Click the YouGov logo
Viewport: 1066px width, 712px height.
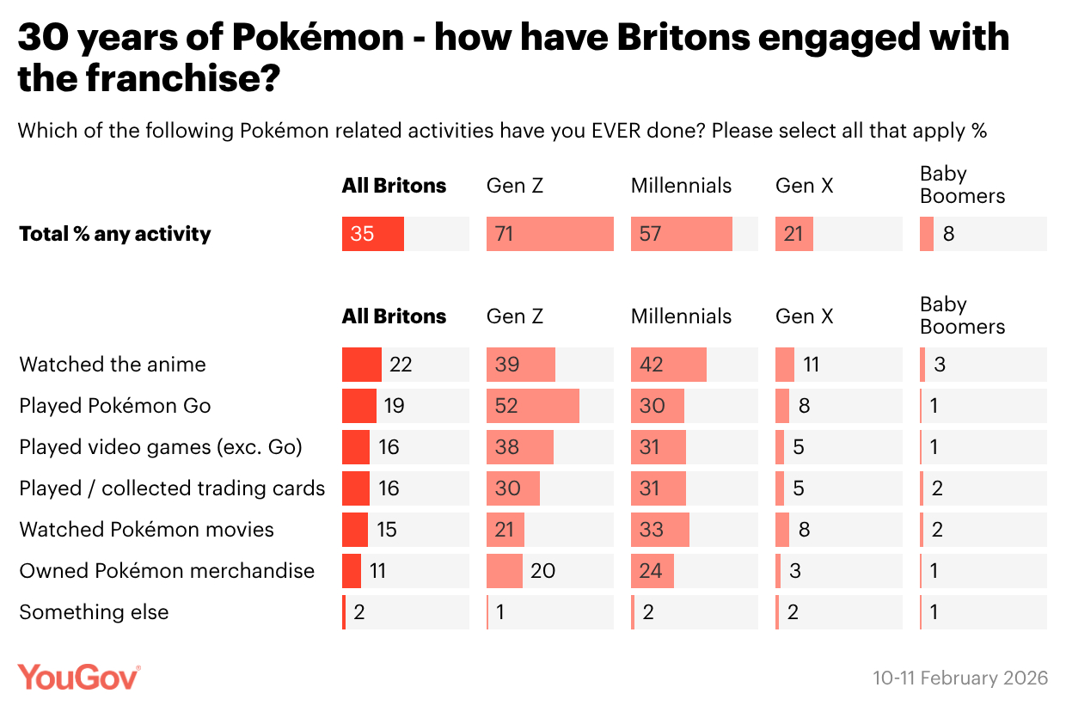pyautogui.click(x=79, y=677)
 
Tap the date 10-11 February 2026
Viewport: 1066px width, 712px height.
pyautogui.click(x=960, y=678)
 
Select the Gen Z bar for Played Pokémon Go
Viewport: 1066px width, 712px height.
pyautogui.click(x=533, y=406)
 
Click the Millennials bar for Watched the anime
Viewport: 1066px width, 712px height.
pyautogui.click(x=669, y=365)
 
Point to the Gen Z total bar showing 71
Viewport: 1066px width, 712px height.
pyautogui.click(x=550, y=234)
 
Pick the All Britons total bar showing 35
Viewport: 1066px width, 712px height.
pyautogui.click(x=373, y=234)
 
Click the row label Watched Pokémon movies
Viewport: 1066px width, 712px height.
pyautogui.click(x=147, y=530)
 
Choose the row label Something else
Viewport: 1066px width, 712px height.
pyautogui.click(x=94, y=612)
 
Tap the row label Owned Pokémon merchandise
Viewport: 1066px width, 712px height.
pyautogui.click(x=167, y=571)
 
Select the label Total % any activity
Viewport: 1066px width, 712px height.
pyautogui.click(x=115, y=234)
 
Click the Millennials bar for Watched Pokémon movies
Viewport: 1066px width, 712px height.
pyautogui.click(x=660, y=530)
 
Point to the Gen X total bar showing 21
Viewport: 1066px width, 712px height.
pyautogui.click(x=794, y=234)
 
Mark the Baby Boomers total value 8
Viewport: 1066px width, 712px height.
pyautogui.click(x=948, y=234)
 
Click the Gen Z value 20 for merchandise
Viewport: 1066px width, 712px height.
pyautogui.click(x=542, y=571)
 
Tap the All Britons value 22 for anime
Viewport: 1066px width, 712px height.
pyautogui.click(x=401, y=365)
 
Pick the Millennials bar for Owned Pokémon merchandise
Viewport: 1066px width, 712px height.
pyautogui.click(x=652, y=571)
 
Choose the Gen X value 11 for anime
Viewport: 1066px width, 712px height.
pyautogui.click(x=811, y=365)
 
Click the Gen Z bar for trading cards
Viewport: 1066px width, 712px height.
pyautogui.click(x=513, y=488)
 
